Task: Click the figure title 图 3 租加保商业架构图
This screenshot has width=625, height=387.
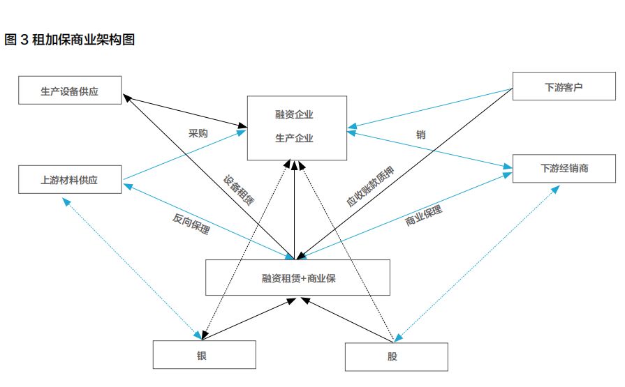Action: [x=69, y=40]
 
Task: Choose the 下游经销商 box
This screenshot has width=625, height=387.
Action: [x=564, y=169]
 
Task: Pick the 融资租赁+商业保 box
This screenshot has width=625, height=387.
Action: [x=297, y=278]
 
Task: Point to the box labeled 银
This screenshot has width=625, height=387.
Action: [x=203, y=355]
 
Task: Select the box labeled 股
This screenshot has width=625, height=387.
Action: [x=396, y=357]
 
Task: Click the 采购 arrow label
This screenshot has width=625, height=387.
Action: [x=199, y=132]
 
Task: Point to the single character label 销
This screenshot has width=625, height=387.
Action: [x=420, y=135]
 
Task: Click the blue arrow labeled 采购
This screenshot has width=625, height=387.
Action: [x=183, y=156]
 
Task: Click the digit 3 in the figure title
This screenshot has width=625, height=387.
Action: [x=23, y=40]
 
